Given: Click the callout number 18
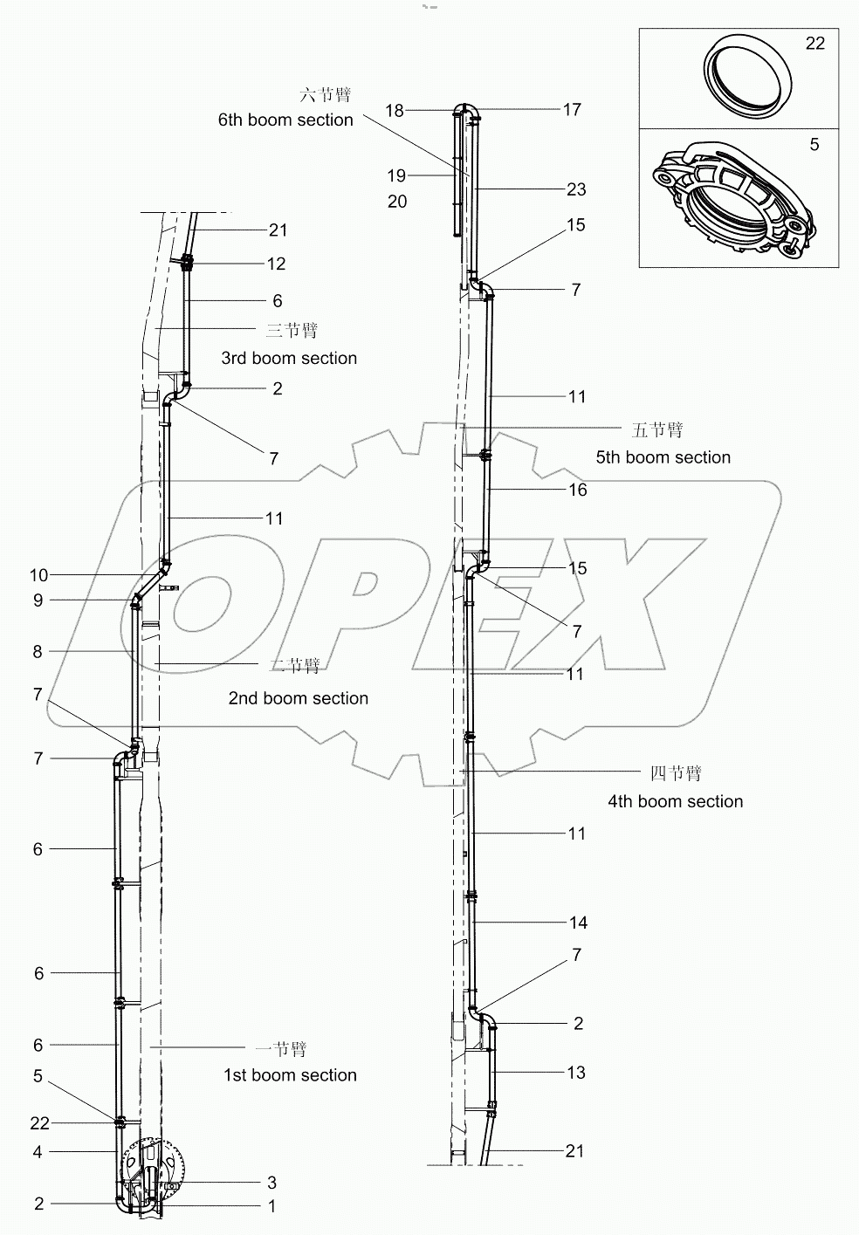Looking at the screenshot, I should (x=395, y=110).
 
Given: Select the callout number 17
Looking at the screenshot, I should (x=572, y=109).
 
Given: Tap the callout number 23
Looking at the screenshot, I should (x=576, y=189).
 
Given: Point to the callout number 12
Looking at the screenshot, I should (x=276, y=264).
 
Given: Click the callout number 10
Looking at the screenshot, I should (x=38, y=575).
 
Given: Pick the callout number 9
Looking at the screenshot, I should (x=38, y=600).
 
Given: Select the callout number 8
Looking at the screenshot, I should (x=38, y=652).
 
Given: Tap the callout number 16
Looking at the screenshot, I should (x=578, y=490).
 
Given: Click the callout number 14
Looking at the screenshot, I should (x=578, y=923).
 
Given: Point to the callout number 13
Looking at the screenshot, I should (x=576, y=1073).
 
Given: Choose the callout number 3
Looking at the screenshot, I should (x=271, y=1183).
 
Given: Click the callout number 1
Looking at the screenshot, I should (x=271, y=1206).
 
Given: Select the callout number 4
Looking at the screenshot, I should (x=38, y=1152).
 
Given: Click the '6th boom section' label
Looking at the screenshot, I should (x=285, y=120).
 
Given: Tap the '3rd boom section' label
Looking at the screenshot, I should (x=289, y=359).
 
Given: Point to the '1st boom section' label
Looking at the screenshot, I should (x=290, y=1075).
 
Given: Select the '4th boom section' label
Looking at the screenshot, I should (x=675, y=801).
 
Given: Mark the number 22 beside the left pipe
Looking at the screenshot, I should (x=38, y=1123).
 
